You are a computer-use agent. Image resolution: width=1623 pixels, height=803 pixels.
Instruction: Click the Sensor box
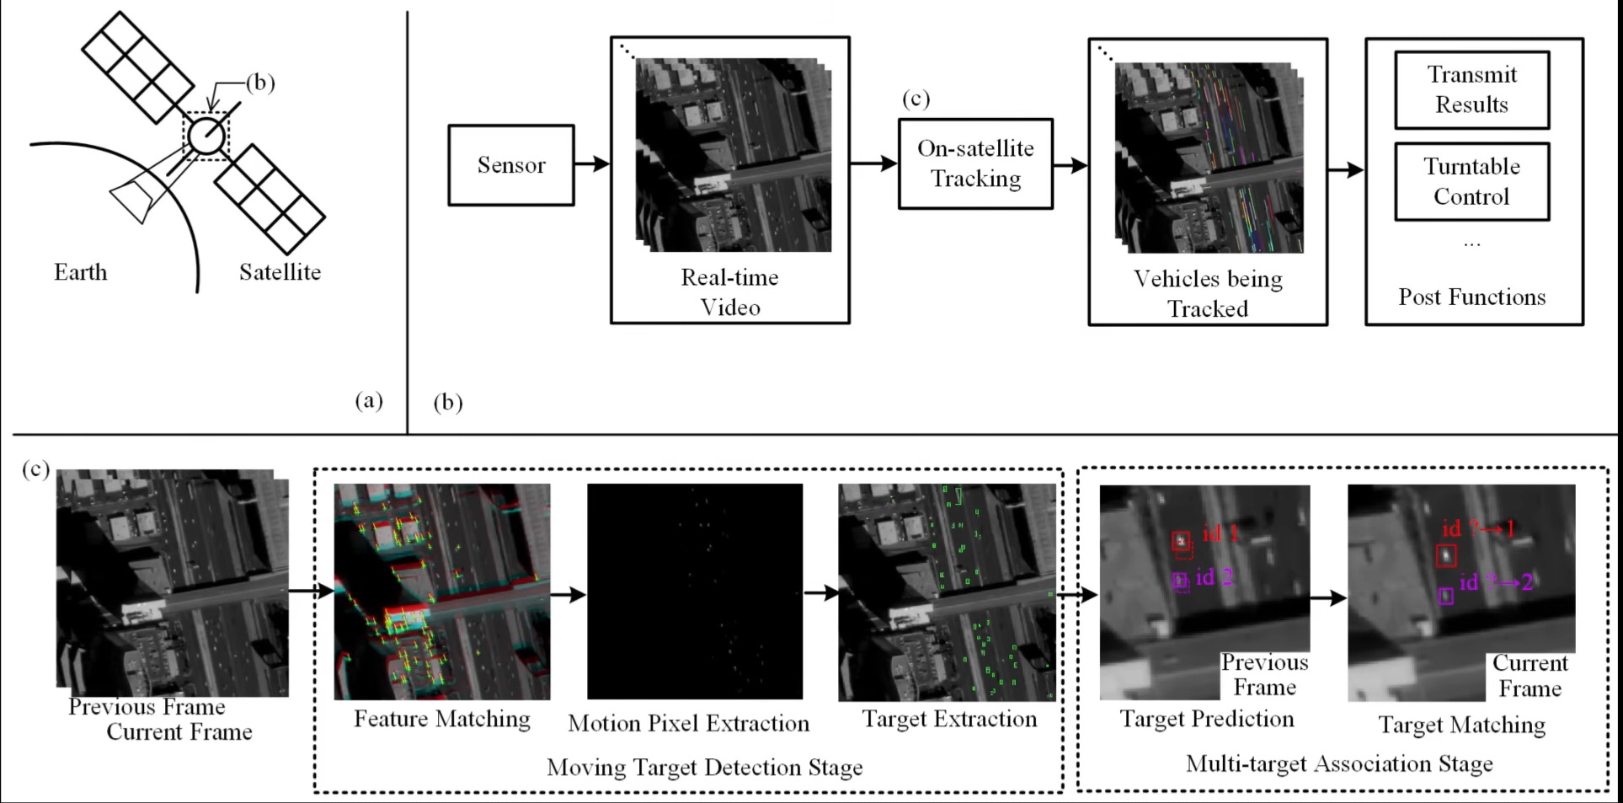511,165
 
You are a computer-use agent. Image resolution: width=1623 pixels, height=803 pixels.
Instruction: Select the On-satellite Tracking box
975,163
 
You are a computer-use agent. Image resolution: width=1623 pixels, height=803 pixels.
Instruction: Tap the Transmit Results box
1471,90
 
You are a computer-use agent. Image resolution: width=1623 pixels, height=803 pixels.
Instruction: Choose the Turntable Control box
1471,181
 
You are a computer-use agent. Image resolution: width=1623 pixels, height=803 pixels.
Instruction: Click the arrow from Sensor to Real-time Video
592,164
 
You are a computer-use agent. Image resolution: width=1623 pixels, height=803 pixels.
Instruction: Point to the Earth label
81,272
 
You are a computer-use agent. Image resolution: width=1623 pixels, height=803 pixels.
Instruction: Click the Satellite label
280,272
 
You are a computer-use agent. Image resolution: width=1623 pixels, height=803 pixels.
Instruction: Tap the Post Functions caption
1472,297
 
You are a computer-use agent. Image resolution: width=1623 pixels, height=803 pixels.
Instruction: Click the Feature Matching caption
442,719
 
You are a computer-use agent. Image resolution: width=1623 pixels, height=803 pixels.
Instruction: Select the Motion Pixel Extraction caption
689,723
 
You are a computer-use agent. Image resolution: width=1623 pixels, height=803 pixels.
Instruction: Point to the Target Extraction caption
949,719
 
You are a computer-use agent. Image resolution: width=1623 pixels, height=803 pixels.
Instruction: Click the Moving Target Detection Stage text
705,768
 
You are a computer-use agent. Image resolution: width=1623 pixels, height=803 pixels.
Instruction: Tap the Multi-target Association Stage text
1339,763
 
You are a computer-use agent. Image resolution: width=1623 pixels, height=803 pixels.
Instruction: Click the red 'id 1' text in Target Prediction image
1221,533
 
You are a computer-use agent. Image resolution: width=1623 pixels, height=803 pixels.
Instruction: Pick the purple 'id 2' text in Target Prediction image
1215,577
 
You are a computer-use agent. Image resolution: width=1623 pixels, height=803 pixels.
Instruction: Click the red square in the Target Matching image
1446,556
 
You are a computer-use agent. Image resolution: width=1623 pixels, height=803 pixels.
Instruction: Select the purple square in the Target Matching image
1446,596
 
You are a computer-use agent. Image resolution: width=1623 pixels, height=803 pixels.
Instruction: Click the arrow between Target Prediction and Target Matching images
1329,598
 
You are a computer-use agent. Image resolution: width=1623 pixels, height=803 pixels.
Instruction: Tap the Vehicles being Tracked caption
1208,294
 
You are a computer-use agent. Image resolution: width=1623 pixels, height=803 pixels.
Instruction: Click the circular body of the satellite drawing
206,136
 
